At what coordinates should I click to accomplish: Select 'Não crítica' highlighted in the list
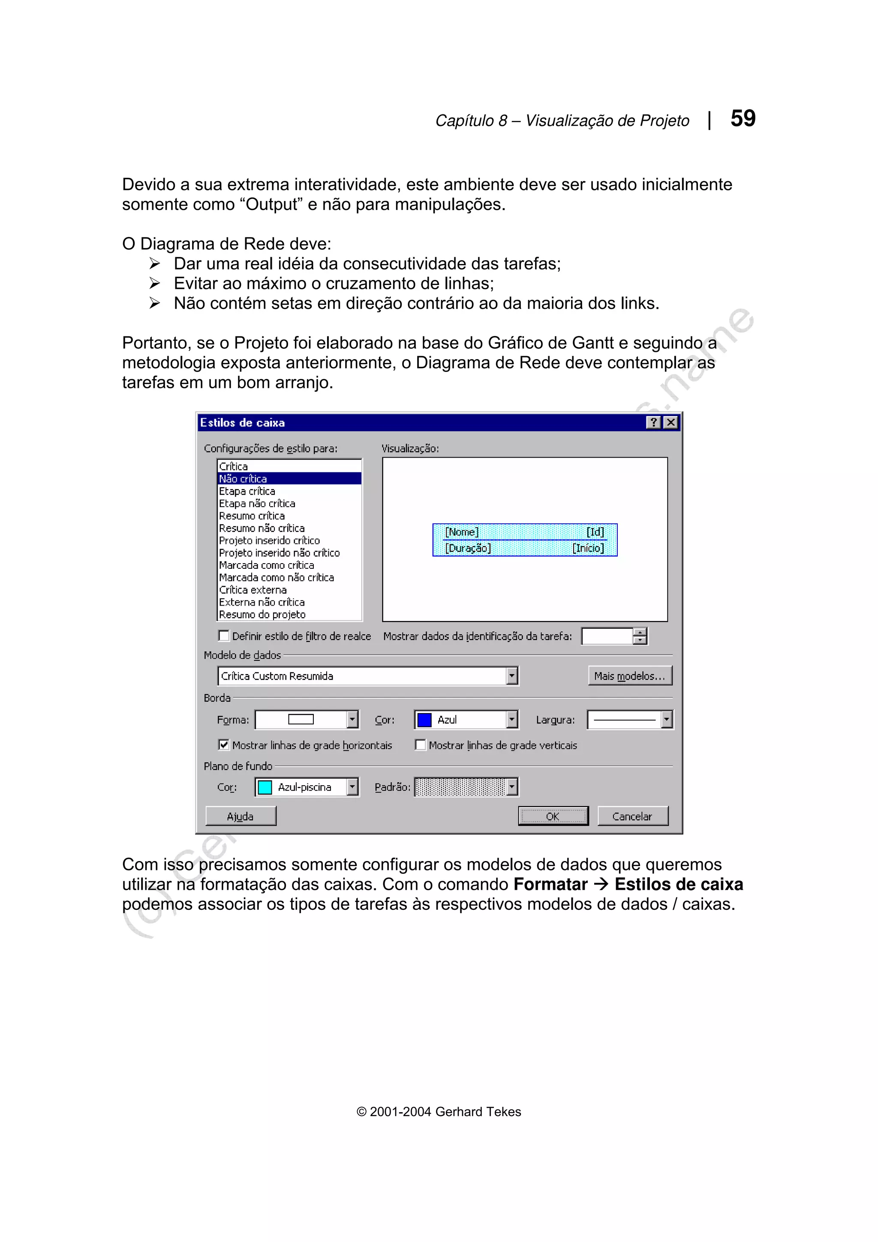(243, 479)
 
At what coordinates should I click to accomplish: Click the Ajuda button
(240, 816)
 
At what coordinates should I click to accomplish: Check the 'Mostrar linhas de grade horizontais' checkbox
(223, 745)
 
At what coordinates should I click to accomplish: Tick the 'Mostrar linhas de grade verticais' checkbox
(420, 745)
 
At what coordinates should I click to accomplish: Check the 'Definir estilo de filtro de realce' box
(223, 636)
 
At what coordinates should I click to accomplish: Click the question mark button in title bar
(653, 423)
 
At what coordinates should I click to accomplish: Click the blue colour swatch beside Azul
(425, 720)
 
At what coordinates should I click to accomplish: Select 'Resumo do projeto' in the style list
(262, 615)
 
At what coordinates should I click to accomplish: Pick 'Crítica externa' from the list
(253, 590)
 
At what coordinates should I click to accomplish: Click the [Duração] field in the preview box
(467, 548)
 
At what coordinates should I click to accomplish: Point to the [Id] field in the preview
(595, 532)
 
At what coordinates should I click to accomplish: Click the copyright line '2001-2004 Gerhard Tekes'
(439, 1112)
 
